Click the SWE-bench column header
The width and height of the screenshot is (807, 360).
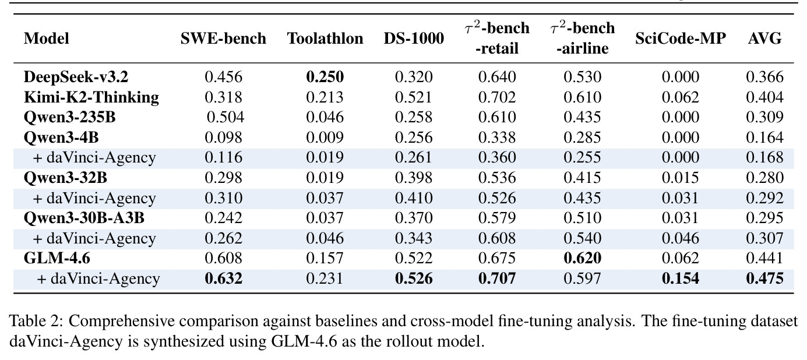point(223,38)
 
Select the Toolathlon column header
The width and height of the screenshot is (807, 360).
point(325,38)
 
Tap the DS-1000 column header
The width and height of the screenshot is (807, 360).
point(414,38)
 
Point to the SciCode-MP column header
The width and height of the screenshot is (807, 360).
point(681,38)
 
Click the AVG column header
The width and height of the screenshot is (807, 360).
point(765,38)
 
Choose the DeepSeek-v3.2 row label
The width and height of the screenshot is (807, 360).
point(76,77)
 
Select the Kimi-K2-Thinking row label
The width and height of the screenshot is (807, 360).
point(91,97)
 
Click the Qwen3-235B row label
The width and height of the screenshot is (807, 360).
point(70,117)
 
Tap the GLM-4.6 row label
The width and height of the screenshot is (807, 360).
point(57,258)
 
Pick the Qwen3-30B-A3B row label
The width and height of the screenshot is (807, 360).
point(84,218)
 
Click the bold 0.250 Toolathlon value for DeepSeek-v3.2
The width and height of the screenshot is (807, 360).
point(325,77)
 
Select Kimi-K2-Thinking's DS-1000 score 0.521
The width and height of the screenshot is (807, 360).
point(414,97)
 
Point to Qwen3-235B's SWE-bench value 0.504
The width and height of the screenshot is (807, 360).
point(225,117)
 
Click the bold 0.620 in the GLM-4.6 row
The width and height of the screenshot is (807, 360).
point(583,258)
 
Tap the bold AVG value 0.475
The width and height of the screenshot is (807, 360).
point(765,278)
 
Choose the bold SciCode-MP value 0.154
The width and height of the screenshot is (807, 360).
point(681,278)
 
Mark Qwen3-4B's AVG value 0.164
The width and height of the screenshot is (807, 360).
point(765,137)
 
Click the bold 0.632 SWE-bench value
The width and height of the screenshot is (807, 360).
point(223,278)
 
